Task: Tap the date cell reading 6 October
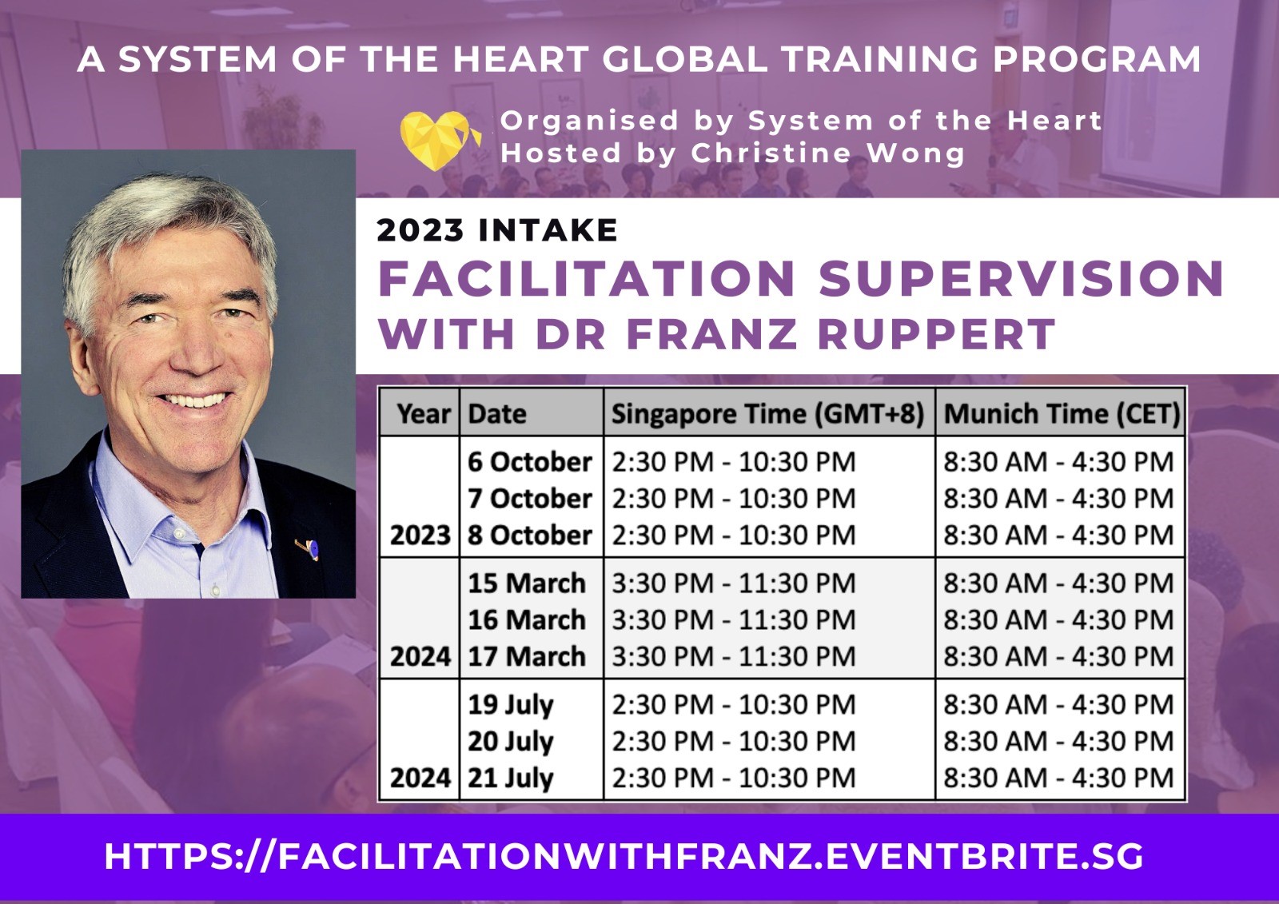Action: (529, 462)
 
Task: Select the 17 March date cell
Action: (526, 657)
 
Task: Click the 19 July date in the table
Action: (510, 705)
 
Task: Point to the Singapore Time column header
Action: (767, 414)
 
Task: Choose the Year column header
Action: (423, 414)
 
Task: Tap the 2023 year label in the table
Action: (420, 535)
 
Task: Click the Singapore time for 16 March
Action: (733, 620)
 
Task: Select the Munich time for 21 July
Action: (1058, 778)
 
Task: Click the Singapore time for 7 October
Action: (733, 499)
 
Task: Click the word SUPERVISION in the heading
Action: (1021, 279)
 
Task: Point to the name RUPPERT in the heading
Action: (936, 334)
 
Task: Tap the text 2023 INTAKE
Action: (496, 231)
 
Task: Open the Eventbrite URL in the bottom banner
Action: (624, 857)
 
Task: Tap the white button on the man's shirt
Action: (215, 589)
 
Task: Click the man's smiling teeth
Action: (194, 400)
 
